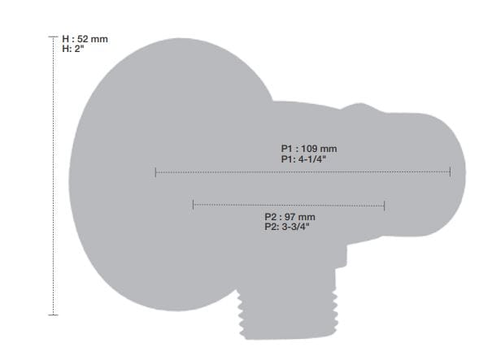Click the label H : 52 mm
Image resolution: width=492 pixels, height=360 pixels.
pos(85,39)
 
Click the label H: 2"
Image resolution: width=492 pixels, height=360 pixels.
pos(73,49)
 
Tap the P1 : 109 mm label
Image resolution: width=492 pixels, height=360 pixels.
pos(309,149)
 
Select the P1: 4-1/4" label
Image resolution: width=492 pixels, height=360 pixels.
pos(303,159)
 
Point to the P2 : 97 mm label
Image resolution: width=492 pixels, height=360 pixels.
pos(290,217)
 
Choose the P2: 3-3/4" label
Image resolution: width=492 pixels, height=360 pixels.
pos(287,227)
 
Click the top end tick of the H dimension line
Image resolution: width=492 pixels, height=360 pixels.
pos(54,37)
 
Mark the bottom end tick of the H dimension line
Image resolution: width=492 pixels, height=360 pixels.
pos(54,314)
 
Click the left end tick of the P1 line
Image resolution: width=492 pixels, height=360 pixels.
pos(155,172)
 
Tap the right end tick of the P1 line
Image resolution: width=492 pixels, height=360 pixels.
pos(451,171)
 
